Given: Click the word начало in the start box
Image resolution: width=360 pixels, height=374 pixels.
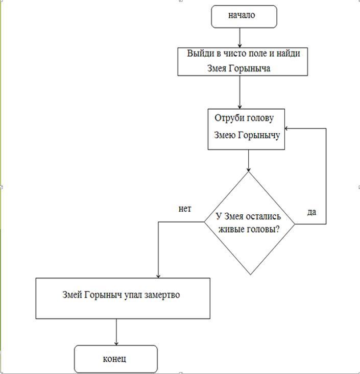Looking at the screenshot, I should [242, 15].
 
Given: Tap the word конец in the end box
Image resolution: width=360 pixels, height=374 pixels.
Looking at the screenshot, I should [114, 359].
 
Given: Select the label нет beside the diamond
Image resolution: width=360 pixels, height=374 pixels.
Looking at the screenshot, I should [185, 209].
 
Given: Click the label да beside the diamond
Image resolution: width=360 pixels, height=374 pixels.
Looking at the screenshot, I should [311, 212].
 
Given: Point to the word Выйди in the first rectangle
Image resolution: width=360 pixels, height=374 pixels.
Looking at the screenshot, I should [198, 54].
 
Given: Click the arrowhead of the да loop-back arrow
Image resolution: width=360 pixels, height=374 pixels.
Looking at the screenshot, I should [287, 129].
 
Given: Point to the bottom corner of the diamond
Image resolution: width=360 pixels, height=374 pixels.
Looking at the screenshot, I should [250, 275].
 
